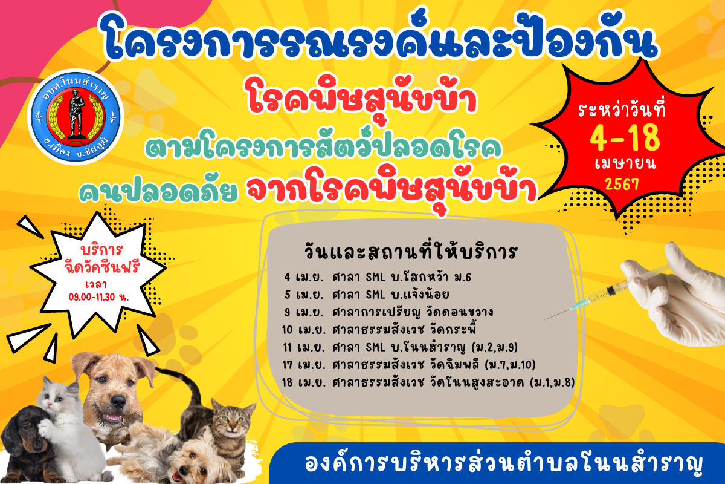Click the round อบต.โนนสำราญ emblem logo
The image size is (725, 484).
[76, 117]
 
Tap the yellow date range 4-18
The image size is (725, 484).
[624, 138]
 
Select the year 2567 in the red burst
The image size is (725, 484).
[622, 184]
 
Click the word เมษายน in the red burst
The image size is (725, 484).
[625, 163]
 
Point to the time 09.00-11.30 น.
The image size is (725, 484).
[98, 297]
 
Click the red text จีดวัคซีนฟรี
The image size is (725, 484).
[101, 267]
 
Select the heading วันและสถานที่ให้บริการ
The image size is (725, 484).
[410, 251]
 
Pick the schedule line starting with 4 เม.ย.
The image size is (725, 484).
[378, 277]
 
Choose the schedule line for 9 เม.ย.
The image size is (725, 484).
[388, 312]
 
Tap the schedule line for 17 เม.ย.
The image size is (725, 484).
[409, 364]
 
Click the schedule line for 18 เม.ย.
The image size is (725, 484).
[428, 382]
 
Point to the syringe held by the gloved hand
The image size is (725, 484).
[605, 293]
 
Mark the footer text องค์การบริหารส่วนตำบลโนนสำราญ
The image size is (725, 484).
[504, 464]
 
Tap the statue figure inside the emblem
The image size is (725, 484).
[76, 114]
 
